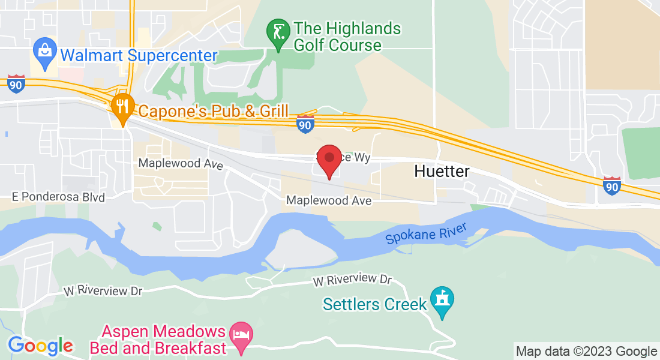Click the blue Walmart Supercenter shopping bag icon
pos(45,50)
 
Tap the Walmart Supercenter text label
pos(139,56)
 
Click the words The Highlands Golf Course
pos(346,37)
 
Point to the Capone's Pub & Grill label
pos(214,111)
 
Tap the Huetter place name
pos(442,172)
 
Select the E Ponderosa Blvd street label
pos(58,197)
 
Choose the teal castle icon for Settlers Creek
pos(442,302)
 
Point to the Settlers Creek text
pos(374,304)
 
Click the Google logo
pos(40,346)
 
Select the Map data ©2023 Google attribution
pos(586,351)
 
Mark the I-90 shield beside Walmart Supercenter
pos(16,84)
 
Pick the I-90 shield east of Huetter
pos(611,185)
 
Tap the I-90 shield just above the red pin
pos(305,124)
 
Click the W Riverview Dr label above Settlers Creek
pos(352,280)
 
